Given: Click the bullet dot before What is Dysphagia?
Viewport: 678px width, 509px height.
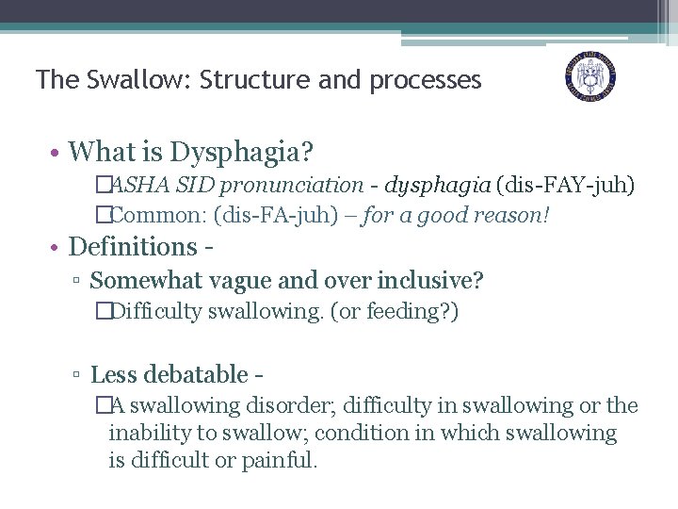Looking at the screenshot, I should (x=56, y=152).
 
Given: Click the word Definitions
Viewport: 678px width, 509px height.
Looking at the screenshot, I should (x=132, y=247).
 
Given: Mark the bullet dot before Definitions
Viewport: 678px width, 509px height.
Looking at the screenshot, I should (x=56, y=248).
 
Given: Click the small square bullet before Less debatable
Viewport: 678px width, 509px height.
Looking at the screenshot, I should (x=79, y=376).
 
